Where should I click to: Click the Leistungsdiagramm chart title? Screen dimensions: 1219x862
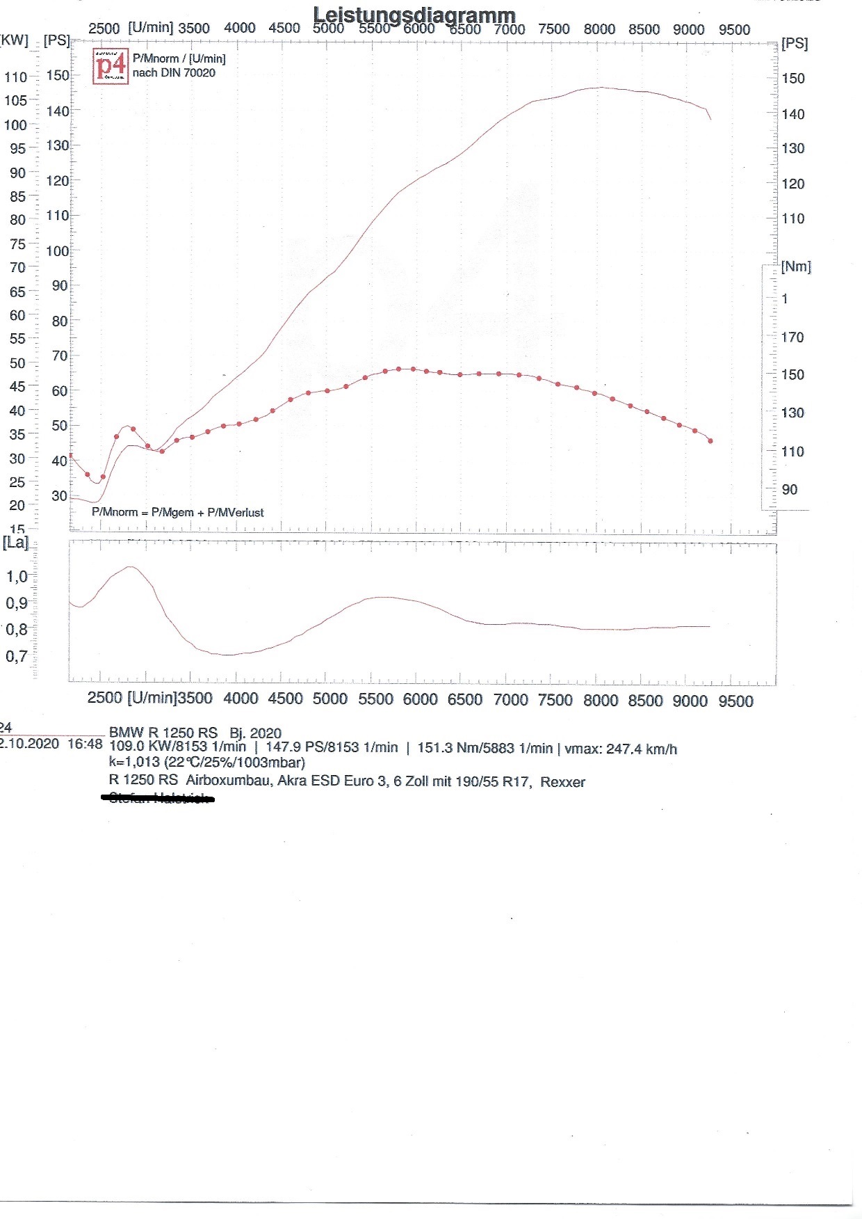414,15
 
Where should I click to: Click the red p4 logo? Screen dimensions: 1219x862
111,67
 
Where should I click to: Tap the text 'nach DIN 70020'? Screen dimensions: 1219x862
174,72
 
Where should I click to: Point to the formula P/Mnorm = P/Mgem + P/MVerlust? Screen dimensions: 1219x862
178,513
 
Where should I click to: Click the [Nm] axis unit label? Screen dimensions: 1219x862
796,266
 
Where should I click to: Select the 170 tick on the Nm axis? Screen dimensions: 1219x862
792,337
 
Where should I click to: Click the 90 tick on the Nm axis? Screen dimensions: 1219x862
790,490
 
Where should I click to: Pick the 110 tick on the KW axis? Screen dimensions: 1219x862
15,77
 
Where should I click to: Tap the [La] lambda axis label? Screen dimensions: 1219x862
15,543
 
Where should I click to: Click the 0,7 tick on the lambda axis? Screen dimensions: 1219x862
17,656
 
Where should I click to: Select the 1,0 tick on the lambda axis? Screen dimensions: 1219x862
17,577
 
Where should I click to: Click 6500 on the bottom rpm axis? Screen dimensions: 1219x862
465,700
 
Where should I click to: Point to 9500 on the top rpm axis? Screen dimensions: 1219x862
735,30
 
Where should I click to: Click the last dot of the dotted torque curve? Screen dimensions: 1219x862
710,440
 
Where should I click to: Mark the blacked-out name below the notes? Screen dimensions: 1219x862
158,799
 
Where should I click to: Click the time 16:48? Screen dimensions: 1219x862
85,744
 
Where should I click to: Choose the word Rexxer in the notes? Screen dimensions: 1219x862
562,782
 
